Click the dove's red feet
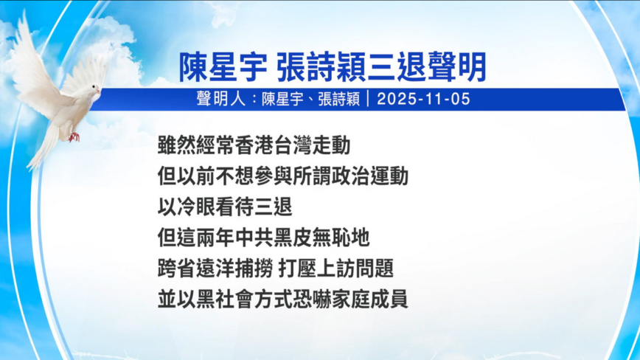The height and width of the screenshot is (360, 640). (74, 136)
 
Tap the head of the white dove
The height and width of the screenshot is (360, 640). (94, 89)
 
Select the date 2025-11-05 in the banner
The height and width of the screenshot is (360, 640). (423, 99)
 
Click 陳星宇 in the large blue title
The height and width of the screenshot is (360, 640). (223, 67)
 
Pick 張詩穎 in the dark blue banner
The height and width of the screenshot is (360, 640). (338, 99)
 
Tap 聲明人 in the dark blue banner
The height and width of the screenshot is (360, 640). (220, 99)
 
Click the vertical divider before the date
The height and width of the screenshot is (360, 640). (368, 99)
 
